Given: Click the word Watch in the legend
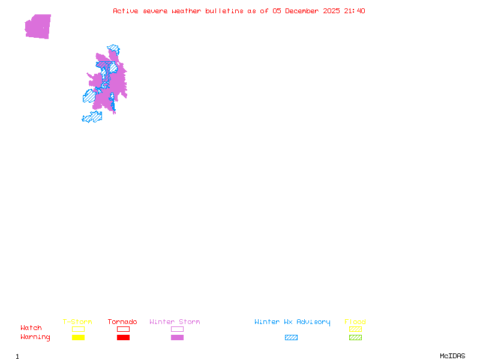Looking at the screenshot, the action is [x=31, y=328].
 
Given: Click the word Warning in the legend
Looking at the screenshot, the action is [x=35, y=337].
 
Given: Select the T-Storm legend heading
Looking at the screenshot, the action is [x=77, y=322].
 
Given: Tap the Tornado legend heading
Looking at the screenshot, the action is [x=122, y=322].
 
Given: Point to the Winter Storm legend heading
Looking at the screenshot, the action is [x=175, y=322].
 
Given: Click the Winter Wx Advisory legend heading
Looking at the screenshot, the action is [x=292, y=322].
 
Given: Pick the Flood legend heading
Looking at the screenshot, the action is [x=355, y=322].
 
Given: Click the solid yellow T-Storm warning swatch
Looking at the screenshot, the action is [x=78, y=338].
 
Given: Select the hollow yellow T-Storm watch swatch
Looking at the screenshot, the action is [x=78, y=329].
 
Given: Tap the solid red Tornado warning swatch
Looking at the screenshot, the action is [x=123, y=338].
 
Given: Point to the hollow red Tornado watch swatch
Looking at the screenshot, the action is [x=123, y=329].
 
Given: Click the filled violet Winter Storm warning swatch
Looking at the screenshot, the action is [x=177, y=338].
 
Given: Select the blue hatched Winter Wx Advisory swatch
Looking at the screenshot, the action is [x=291, y=338].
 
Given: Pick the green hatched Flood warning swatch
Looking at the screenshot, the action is [x=355, y=338].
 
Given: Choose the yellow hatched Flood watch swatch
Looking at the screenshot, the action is [x=355, y=329].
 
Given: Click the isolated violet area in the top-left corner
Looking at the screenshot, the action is [x=38, y=26].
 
